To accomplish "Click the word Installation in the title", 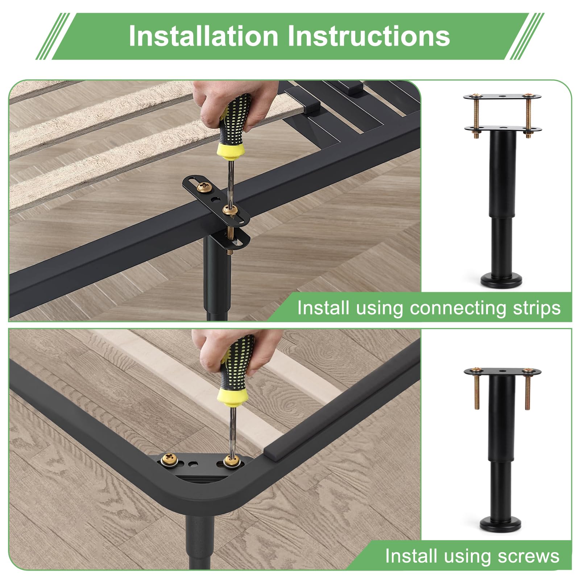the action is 203,36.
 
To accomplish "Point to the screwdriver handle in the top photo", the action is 233,119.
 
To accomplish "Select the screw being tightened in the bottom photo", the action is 230,461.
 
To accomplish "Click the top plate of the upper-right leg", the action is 502,97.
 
